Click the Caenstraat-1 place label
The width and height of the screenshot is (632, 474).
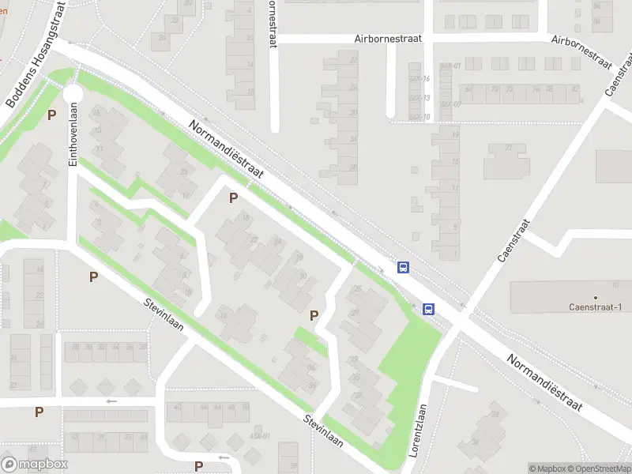pyautogui.click(x=596, y=307)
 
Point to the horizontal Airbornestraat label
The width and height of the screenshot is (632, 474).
pyautogui.click(x=388, y=38)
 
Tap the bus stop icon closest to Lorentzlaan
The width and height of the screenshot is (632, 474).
pyautogui.click(x=429, y=309)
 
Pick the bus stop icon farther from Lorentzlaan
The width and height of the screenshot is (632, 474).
pyautogui.click(x=403, y=267)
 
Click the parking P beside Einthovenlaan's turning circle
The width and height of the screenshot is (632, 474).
pyautogui.click(x=51, y=115)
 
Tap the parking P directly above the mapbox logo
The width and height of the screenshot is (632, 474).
pyautogui.click(x=39, y=412)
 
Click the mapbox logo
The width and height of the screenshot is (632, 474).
pyautogui.click(x=35, y=465)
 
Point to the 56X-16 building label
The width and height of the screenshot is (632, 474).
pyautogui.click(x=419, y=79)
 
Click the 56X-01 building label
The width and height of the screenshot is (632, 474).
pyautogui.click(x=450, y=66)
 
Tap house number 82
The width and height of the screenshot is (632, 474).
pyautogui.click(x=574, y=89)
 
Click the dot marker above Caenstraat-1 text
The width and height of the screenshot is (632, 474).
pyautogui.click(x=596, y=298)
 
